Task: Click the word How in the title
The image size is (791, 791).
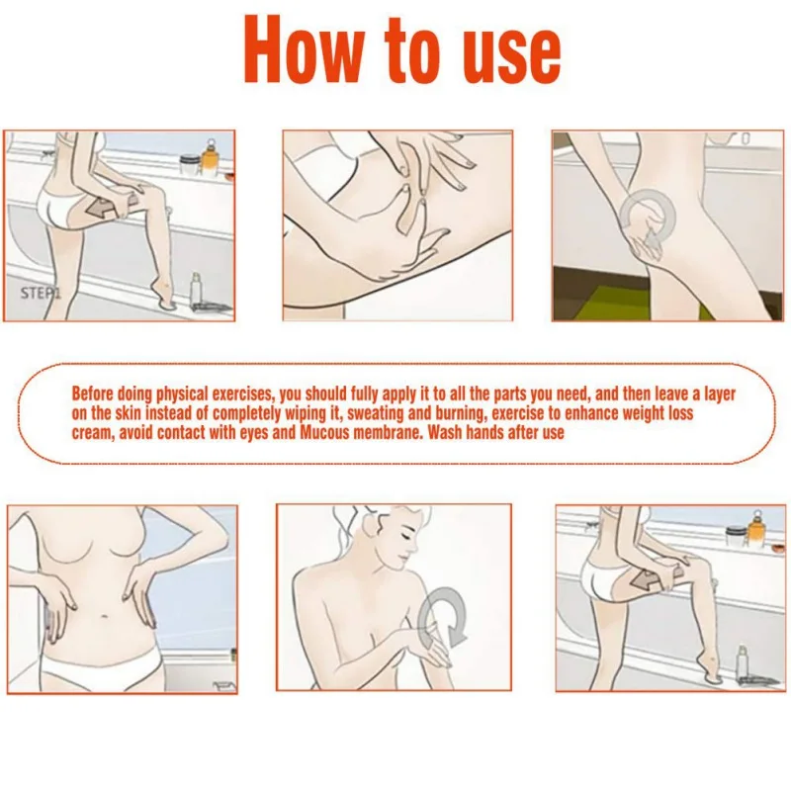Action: [304, 49]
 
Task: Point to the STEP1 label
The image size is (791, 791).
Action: [40, 293]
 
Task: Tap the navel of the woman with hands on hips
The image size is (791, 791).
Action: [105, 616]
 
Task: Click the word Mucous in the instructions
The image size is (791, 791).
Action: [324, 433]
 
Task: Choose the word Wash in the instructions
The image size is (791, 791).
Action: [446, 433]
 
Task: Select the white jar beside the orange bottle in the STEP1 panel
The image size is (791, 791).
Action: [188, 165]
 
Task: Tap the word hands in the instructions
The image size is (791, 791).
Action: [485, 433]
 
